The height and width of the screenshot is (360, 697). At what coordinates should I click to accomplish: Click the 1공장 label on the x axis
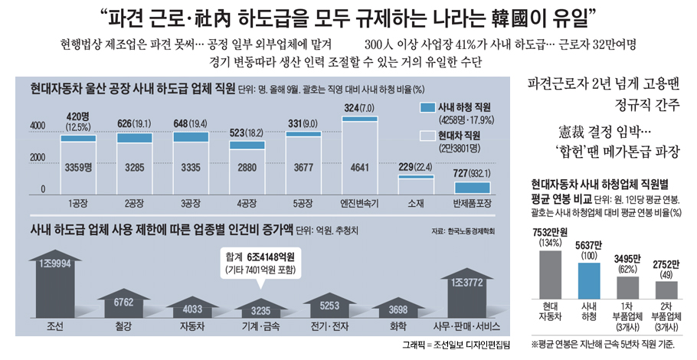coord(78,204)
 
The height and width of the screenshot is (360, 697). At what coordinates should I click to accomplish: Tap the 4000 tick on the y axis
coord(38,126)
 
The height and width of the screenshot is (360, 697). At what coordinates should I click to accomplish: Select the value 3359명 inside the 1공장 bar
coord(78,165)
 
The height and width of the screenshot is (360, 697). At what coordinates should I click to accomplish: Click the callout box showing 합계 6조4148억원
coord(259,262)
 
